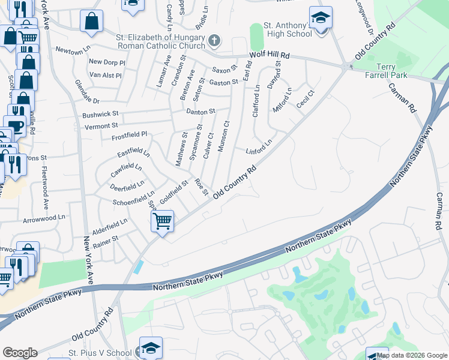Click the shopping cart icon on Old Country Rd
(x=162, y=221)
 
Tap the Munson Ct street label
(x=223, y=136)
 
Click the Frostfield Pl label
(x=129, y=136)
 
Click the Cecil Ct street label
(x=306, y=99)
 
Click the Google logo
(x=20, y=353)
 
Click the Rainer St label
(x=106, y=238)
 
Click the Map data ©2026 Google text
(x=412, y=355)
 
